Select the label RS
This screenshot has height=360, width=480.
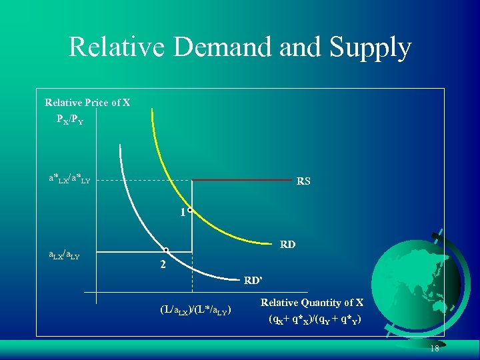(303, 181)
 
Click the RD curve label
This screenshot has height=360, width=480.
(288, 245)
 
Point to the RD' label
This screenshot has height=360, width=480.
(253, 279)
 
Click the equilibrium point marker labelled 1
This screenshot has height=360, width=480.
(190, 210)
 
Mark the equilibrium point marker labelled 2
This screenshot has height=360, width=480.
(166, 251)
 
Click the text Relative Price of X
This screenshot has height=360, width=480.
(87, 103)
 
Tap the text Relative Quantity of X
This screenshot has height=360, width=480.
(311, 303)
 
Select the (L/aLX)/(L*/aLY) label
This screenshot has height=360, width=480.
(195, 309)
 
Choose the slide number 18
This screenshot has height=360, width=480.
(434, 349)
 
